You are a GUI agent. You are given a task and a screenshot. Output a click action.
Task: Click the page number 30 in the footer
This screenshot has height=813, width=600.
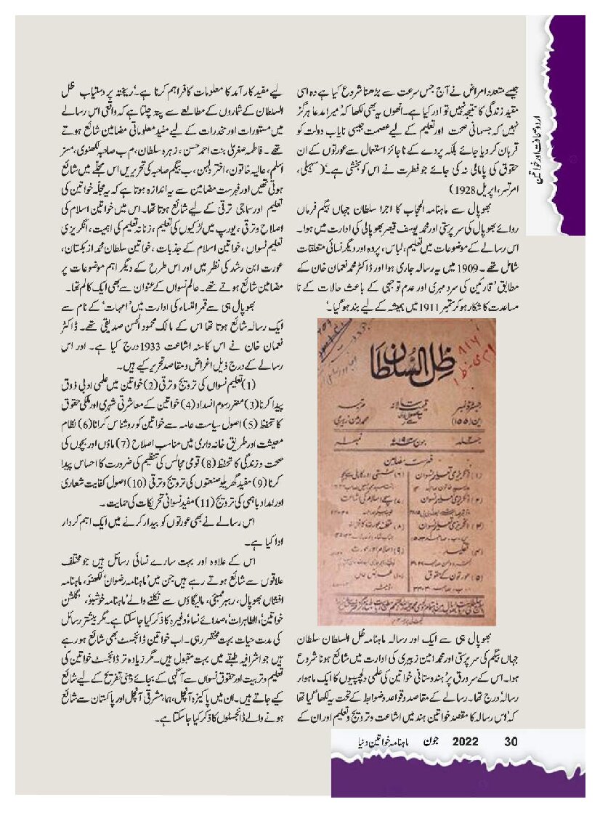(x=511, y=743)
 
